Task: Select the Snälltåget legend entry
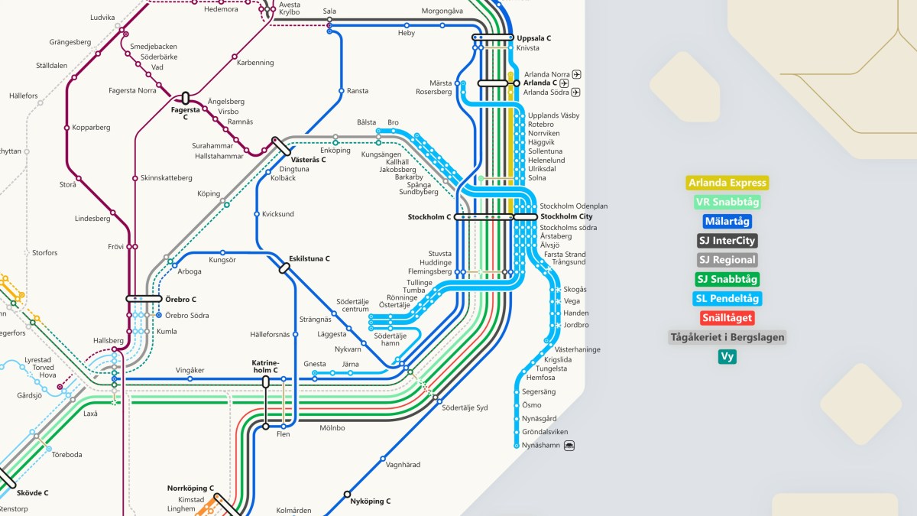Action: click(x=727, y=318)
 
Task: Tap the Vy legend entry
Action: click(x=727, y=356)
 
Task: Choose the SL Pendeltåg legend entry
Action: click(x=727, y=299)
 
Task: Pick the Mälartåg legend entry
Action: click(x=727, y=222)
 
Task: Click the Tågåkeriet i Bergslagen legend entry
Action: click(x=727, y=337)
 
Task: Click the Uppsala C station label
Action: click(x=533, y=38)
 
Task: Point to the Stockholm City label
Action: click(x=565, y=216)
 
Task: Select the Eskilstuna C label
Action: click(x=309, y=258)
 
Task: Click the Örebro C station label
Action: click(x=180, y=299)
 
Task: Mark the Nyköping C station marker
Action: click(x=347, y=494)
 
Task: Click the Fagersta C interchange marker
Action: click(x=185, y=98)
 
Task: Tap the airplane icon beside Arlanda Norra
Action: click(x=576, y=74)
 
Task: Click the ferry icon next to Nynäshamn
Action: click(x=569, y=445)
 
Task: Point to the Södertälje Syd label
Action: click(x=464, y=407)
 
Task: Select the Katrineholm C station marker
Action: click(x=266, y=381)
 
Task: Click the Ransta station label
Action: click(x=357, y=91)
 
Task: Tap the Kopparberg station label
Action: click(x=91, y=127)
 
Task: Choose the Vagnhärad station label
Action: click(x=403, y=464)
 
